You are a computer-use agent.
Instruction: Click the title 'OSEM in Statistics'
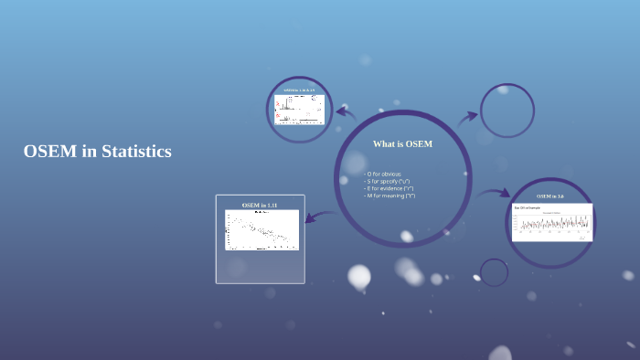pyautogui.click(x=98, y=152)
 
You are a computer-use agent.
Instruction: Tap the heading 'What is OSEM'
pyautogui.click(x=402, y=144)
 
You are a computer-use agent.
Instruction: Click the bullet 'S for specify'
pyautogui.click(x=388, y=181)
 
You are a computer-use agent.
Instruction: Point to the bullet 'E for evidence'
pyautogui.click(x=389, y=188)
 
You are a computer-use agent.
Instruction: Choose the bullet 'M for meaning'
pyautogui.click(x=390, y=196)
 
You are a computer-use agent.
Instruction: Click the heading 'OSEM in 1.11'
pyautogui.click(x=260, y=205)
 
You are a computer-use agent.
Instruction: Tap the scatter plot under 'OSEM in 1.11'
pyautogui.click(x=261, y=230)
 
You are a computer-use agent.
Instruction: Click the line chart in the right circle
pyautogui.click(x=551, y=222)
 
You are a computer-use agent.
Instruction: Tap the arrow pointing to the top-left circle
pyautogui.click(x=346, y=112)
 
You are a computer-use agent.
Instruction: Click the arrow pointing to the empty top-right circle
pyautogui.click(x=467, y=117)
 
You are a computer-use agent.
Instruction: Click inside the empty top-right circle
pyautogui.click(x=507, y=111)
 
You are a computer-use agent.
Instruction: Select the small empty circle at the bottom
pyautogui.click(x=494, y=272)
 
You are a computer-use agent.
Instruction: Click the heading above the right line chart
pyautogui.click(x=550, y=196)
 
